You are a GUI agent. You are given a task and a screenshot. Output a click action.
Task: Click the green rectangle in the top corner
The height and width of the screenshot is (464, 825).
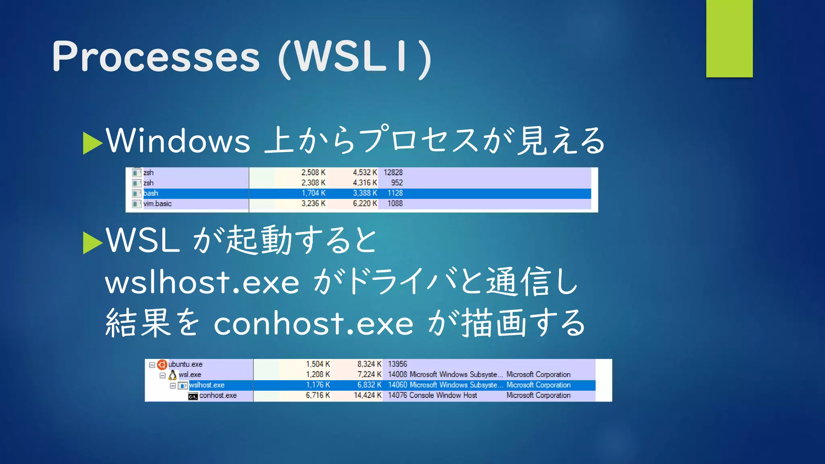tap(729, 38)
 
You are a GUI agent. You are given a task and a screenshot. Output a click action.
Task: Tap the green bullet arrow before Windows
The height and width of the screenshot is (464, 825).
tap(93, 143)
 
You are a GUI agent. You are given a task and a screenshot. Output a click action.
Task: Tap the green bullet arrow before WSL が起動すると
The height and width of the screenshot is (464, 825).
tap(93, 243)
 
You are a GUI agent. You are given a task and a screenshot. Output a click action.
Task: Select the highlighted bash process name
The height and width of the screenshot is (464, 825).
tap(151, 193)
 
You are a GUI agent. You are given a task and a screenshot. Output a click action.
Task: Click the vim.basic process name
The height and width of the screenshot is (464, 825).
tap(158, 204)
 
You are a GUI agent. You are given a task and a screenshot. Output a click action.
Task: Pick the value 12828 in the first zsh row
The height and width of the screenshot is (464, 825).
tap(393, 172)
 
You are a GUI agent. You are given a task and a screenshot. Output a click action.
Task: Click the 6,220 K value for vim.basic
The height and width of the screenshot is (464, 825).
tap(365, 204)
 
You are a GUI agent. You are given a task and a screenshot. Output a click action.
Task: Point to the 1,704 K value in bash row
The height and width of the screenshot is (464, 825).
tap(313, 193)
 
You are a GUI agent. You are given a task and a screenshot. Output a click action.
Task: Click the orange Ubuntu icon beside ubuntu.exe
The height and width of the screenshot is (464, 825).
tap(162, 365)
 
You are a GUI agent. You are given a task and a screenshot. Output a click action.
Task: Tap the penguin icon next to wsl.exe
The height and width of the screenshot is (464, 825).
tap(173, 375)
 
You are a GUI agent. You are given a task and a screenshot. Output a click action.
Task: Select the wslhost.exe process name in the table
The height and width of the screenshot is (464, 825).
tap(207, 385)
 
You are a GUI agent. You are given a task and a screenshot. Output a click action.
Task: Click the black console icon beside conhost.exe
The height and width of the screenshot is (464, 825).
tap(193, 396)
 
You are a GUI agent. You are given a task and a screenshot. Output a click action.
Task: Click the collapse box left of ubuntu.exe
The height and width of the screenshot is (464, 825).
tap(152, 365)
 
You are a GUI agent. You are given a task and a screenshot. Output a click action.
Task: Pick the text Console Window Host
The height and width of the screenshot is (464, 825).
tap(443, 396)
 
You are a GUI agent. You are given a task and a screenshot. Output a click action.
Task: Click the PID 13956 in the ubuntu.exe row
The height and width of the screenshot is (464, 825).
tap(397, 364)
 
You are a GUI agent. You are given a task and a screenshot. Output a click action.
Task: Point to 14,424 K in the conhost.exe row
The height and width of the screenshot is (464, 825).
tap(367, 396)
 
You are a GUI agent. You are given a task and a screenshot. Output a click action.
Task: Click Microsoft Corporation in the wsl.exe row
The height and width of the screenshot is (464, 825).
tap(538, 375)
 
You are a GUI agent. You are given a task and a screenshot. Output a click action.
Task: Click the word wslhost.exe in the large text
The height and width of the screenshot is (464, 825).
tap(202, 282)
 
